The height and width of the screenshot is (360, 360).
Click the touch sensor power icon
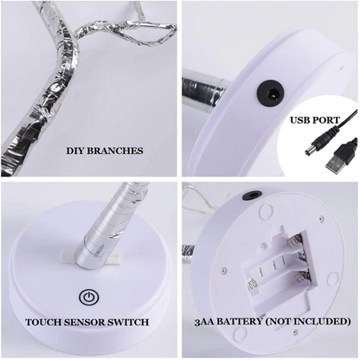(x=87, y=296)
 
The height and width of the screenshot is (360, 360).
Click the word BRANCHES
(x=116, y=150)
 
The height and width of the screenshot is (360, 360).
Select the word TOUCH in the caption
(x=43, y=322)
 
